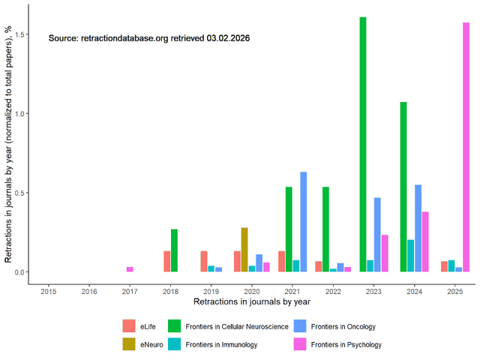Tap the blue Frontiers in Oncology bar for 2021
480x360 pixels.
click(x=304, y=222)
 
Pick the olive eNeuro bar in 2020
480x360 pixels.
click(x=244, y=250)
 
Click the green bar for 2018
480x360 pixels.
click(x=174, y=250)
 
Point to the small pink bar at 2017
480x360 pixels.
click(x=130, y=269)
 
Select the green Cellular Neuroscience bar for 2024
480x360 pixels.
click(x=403, y=187)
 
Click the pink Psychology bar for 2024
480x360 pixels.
click(x=425, y=241)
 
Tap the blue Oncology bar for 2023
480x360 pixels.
click(x=377, y=235)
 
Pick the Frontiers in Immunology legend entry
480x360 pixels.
click(x=213, y=344)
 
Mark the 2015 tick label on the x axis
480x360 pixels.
click(x=49, y=291)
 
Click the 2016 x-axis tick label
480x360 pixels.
click(x=89, y=291)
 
